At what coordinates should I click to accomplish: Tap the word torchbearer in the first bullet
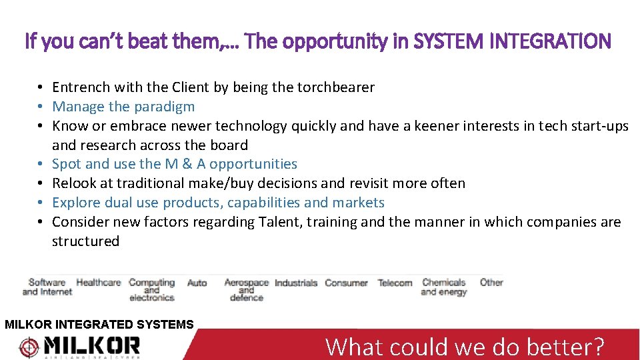pos(336,87)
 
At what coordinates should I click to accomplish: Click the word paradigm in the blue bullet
pos(164,107)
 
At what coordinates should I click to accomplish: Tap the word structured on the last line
pos(85,241)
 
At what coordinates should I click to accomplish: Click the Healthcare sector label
pos(99,283)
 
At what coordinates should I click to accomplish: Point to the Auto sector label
pos(197,283)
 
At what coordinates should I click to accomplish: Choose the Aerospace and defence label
pos(246,290)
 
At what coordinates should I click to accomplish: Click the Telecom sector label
pos(395,283)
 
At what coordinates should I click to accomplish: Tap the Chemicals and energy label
pos(443,287)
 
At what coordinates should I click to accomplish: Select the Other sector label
pos(491,283)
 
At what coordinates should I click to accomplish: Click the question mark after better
pos(597,347)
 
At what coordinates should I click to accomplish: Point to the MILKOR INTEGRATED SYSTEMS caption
pos(99,325)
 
